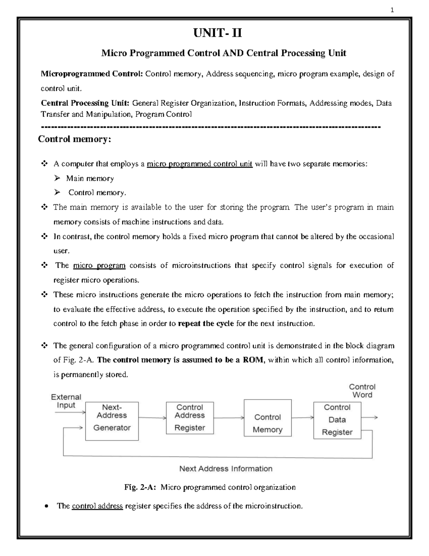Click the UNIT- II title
(x=217, y=33)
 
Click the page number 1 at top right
(x=392, y=10)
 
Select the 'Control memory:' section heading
(x=75, y=139)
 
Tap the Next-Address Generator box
(x=112, y=421)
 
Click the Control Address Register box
(x=189, y=418)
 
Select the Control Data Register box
(x=337, y=420)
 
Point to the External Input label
(x=66, y=401)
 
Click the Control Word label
(x=362, y=391)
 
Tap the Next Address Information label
(x=226, y=469)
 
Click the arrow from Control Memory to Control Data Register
(x=302, y=417)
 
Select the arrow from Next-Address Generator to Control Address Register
(x=152, y=417)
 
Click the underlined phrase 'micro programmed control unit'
(x=199, y=164)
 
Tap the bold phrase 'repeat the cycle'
(x=206, y=324)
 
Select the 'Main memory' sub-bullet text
(x=90, y=179)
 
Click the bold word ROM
(x=253, y=360)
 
